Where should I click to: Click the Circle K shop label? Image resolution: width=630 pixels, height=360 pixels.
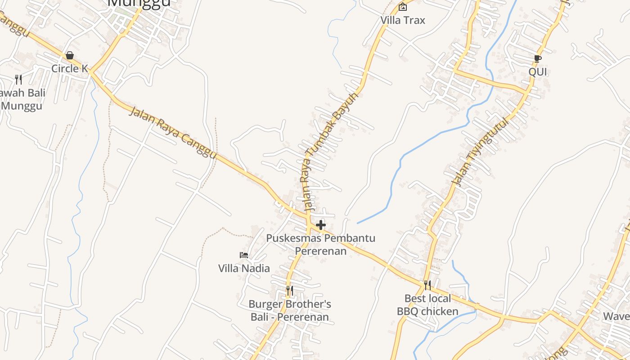pyautogui.click(x=69, y=68)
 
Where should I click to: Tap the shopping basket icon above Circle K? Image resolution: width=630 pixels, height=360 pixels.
pyautogui.click(x=70, y=55)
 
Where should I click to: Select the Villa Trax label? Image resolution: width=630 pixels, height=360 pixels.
pyautogui.click(x=403, y=20)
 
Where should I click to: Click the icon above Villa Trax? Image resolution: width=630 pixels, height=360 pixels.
pyautogui.click(x=403, y=7)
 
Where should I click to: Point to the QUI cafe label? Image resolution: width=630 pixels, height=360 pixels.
pyautogui.click(x=537, y=72)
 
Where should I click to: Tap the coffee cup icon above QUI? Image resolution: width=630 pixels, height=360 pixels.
pyautogui.click(x=537, y=58)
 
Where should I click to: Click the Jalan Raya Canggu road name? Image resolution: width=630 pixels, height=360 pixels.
pyautogui.click(x=173, y=132)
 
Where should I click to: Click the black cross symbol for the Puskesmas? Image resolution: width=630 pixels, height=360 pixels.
pyautogui.click(x=321, y=225)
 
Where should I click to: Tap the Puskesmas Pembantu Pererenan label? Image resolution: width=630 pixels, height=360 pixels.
pyautogui.click(x=320, y=244)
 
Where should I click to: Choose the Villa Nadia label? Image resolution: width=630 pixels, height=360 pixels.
pyautogui.click(x=244, y=269)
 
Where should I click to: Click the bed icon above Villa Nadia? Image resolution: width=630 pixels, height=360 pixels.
pyautogui.click(x=244, y=255)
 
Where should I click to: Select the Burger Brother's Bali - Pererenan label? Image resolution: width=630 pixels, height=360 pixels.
pyautogui.click(x=290, y=310)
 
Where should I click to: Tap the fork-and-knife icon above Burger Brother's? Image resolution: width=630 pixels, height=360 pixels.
pyautogui.click(x=290, y=291)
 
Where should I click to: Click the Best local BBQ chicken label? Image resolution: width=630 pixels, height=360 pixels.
pyautogui.click(x=427, y=305)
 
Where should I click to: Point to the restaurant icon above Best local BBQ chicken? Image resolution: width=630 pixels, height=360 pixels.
pyautogui.click(x=427, y=285)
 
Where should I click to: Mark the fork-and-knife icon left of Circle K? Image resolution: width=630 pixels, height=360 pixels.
pyautogui.click(x=18, y=80)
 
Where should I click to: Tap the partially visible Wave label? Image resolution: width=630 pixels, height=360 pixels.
pyautogui.click(x=616, y=316)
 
